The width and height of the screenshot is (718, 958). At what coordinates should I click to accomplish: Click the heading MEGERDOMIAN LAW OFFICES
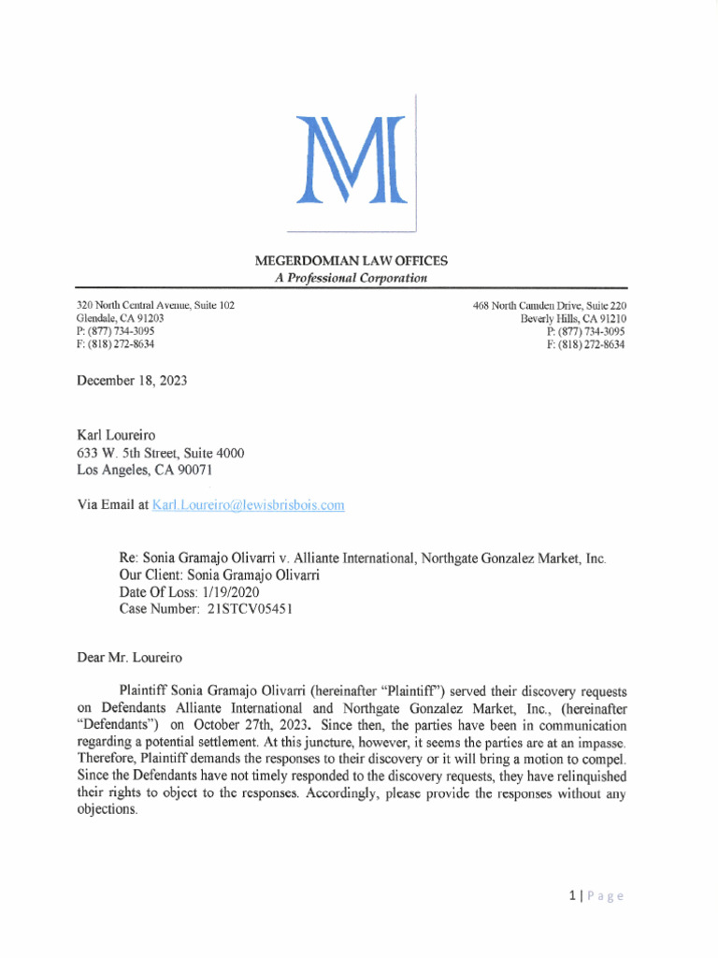[x=351, y=260]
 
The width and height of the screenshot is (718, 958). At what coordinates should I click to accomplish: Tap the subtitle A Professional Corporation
[x=351, y=278]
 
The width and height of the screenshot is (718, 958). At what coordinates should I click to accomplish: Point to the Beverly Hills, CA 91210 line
[x=573, y=319]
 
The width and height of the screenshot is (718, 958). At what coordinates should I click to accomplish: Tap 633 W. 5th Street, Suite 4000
[x=160, y=453]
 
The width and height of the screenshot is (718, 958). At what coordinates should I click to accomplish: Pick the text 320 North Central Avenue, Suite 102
[x=155, y=306]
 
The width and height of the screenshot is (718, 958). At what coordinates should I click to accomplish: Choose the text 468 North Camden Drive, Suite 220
[x=550, y=306]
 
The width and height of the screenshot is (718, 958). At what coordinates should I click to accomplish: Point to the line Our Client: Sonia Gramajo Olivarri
[x=219, y=575]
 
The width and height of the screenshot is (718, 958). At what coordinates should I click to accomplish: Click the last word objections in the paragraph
[x=107, y=810]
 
